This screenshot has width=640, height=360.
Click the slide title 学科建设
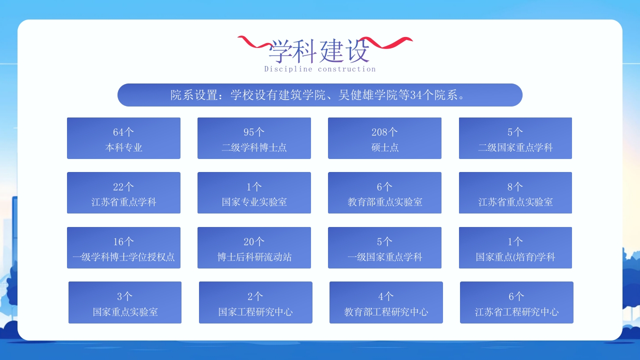pos(319,50)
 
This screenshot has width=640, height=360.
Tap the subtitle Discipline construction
pos(319,69)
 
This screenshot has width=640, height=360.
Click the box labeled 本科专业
pos(123,138)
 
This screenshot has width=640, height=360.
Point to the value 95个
pos(254,132)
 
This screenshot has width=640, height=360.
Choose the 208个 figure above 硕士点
pos(384,132)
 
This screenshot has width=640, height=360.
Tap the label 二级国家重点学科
pos(515,147)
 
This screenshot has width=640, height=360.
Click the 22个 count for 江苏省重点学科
pos(123,187)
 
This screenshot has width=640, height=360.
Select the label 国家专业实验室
pos(254,202)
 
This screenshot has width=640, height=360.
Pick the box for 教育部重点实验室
pos(384,193)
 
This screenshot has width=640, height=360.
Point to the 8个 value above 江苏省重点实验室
pos(515,187)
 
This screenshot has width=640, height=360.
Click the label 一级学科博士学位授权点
pos(123,257)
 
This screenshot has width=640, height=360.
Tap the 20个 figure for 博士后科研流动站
pos(254,242)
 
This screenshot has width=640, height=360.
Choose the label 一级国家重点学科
pos(384,257)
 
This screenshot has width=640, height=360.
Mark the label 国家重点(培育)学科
pos(515,257)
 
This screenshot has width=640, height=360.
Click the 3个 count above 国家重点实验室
pos(125,296)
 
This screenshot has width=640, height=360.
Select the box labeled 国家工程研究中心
pos(255,302)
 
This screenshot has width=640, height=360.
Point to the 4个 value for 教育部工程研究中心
pos(386,296)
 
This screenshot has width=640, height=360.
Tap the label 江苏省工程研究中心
pos(516,312)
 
